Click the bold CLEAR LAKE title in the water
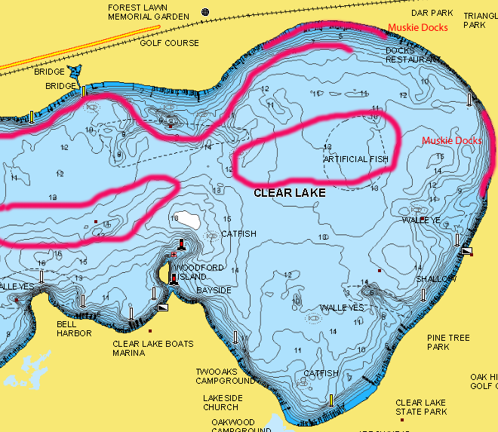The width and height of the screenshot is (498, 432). [x=290, y=193]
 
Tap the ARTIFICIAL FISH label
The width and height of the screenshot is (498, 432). [x=356, y=160]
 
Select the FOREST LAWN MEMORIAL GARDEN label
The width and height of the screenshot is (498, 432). [x=148, y=12]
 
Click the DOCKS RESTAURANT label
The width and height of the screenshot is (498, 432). [x=413, y=55]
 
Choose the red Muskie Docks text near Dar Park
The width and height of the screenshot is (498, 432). [x=418, y=28]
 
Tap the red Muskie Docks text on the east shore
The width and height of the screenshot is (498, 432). [x=451, y=141]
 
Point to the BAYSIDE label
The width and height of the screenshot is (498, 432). [x=214, y=290]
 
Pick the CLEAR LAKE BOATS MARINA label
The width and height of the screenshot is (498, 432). [x=153, y=349]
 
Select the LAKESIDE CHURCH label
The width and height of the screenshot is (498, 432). [x=221, y=403]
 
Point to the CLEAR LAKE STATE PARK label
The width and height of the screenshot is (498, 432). [x=421, y=407]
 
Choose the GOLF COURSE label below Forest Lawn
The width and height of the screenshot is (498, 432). [x=170, y=43]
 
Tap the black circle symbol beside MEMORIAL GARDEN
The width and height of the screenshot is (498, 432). [x=204, y=12]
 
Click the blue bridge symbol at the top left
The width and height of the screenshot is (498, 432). [x=75, y=72]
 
